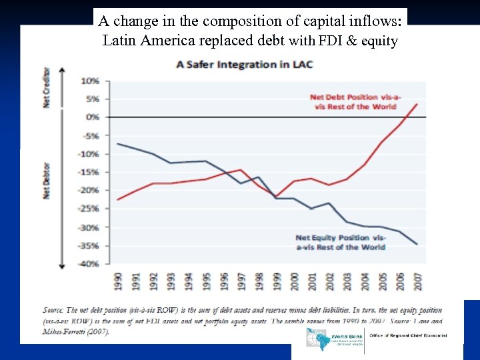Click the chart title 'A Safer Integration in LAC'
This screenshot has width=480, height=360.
pos(244,65)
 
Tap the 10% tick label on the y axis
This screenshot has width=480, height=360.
pos(90,81)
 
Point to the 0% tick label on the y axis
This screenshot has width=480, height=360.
pos(93,117)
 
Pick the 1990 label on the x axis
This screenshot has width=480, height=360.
pos(119,281)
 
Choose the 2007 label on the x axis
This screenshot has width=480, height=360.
pos(418,281)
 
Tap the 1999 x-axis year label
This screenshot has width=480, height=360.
pos(277,281)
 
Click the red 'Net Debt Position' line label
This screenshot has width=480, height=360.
pos(359,102)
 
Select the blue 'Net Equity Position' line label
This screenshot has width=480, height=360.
pos(340,242)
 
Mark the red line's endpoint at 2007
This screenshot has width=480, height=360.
pos(417,103)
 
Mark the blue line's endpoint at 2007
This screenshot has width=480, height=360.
pos(417,244)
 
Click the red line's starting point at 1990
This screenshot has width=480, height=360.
pos(118,199)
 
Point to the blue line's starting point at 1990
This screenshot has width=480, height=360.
pos(118,143)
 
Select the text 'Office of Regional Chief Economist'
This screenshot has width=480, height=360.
pos(408,336)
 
